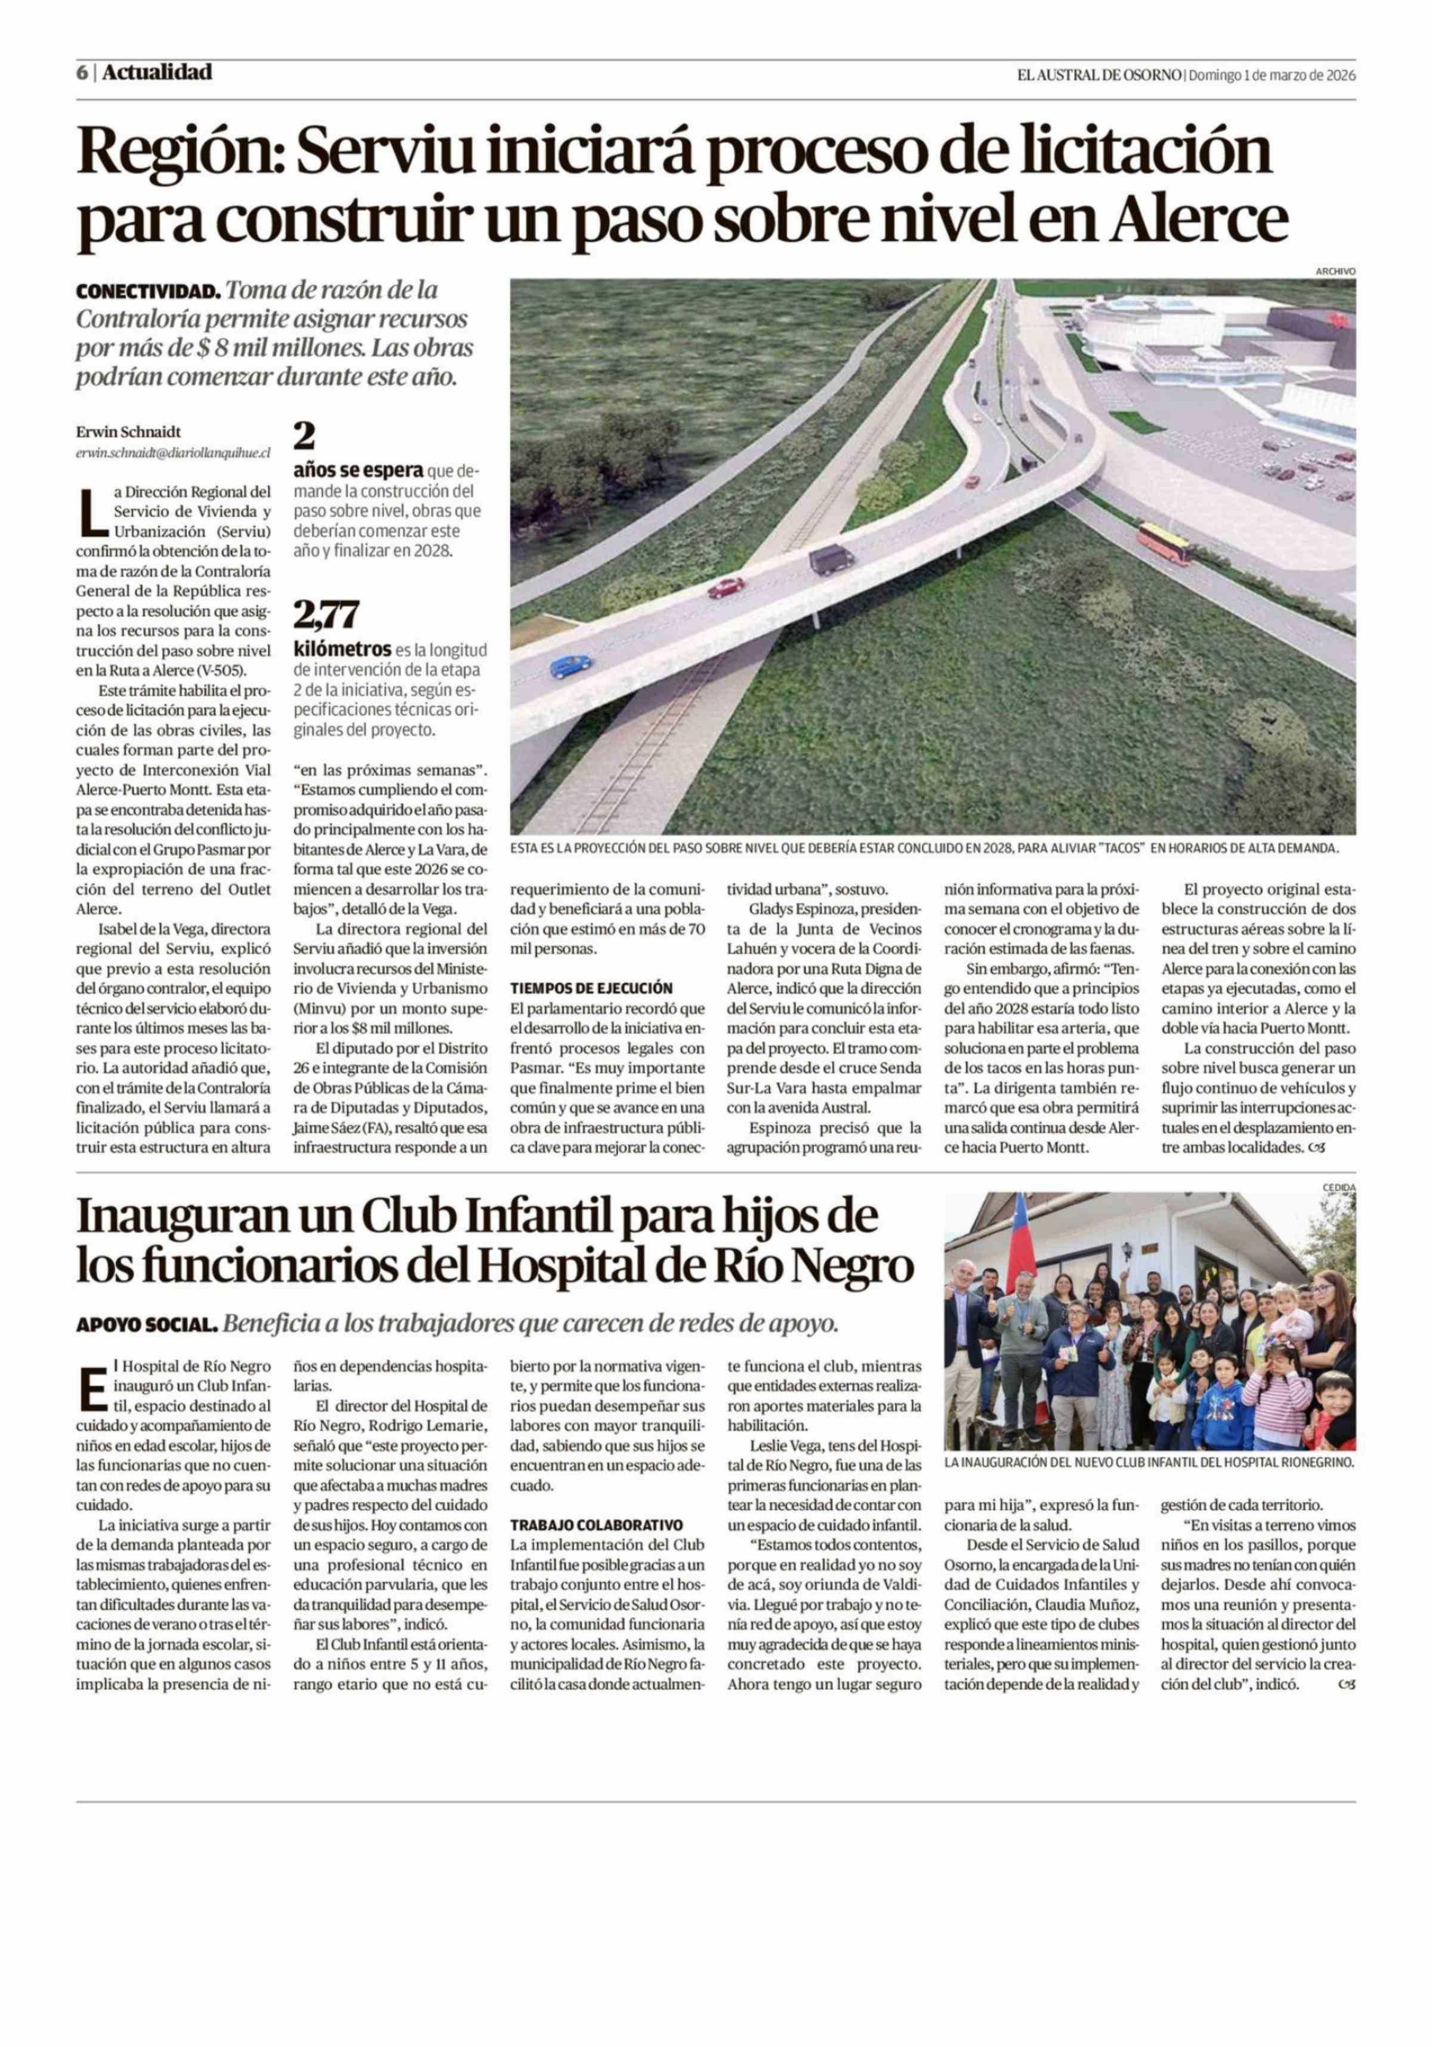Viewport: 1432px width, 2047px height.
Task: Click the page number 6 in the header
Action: [x=81, y=73]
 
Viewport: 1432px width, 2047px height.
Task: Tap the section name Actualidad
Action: [x=157, y=72]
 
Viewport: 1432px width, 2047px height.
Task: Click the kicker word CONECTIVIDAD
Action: [x=147, y=292]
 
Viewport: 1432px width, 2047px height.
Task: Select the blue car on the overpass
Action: [x=570, y=666]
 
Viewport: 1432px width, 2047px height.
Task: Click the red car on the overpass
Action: [x=726, y=587]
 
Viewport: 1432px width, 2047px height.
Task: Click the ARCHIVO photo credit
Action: [x=1334, y=271]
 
